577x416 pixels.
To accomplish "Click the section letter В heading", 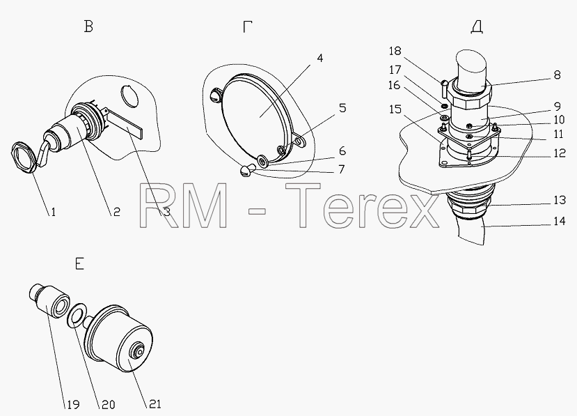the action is [88, 26].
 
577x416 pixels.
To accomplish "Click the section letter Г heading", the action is [247, 26].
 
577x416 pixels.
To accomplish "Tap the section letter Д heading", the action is [477, 27].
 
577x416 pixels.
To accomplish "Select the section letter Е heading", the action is [79, 264].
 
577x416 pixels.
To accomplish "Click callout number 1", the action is [53, 212].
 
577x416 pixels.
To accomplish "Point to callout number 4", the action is [319, 59].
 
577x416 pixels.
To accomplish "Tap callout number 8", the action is [557, 75].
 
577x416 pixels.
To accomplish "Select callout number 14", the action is [560, 221].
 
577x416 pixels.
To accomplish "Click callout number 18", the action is [395, 50].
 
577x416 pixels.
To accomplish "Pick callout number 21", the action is [155, 404].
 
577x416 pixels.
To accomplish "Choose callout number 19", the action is [73, 405].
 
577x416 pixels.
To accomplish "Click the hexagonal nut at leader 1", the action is [24, 156].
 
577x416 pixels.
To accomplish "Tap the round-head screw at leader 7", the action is [246, 171].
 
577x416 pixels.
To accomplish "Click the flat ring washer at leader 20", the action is [77, 315].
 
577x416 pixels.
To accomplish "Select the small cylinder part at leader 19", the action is [49, 300].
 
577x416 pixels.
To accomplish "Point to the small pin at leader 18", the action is [445, 88].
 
